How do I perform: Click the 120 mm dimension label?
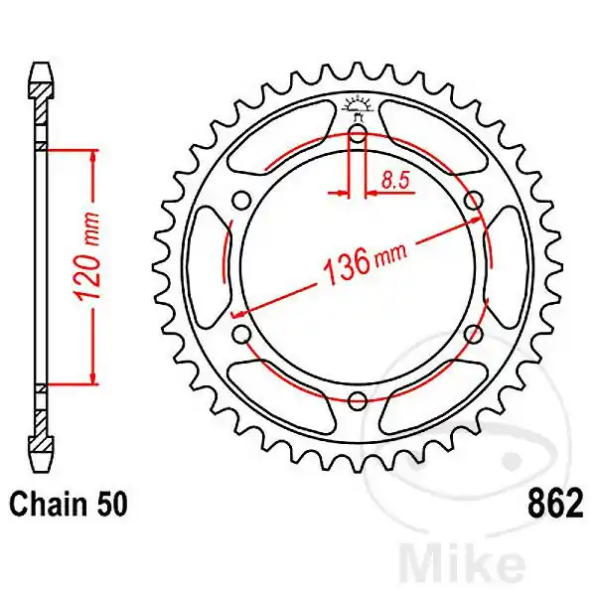point(88,266)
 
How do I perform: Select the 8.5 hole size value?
point(392,180)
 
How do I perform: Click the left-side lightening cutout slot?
point(207,269)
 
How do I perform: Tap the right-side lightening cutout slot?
point(508,269)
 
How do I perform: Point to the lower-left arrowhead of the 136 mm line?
point(241,312)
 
